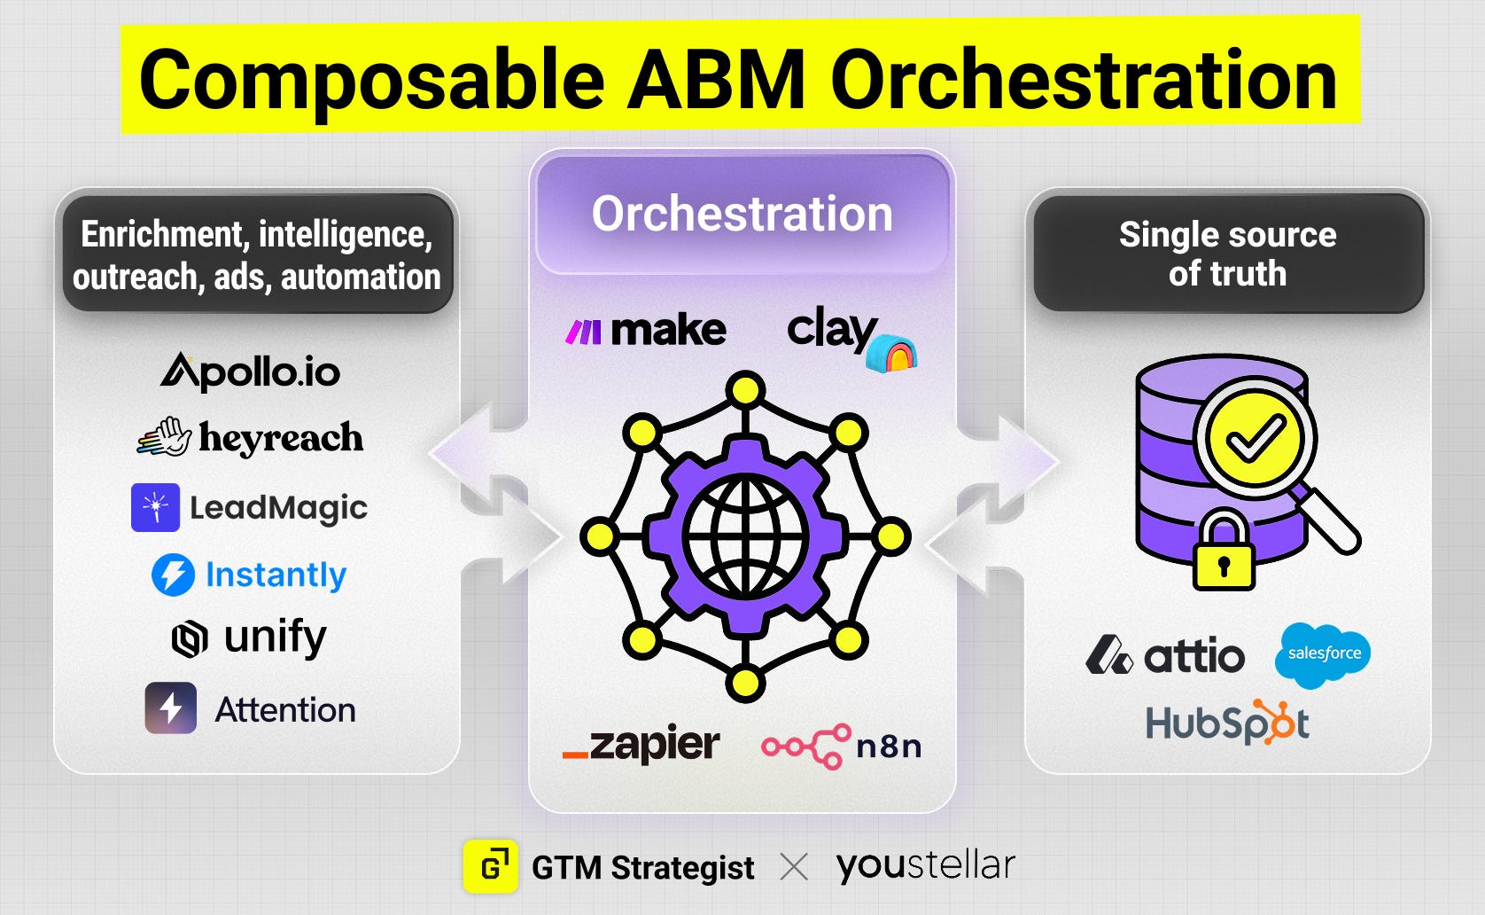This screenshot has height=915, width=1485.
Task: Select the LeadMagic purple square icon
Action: pos(155,508)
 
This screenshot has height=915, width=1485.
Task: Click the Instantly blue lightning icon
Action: pos(173,575)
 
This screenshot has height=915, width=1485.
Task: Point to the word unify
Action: pos(276,637)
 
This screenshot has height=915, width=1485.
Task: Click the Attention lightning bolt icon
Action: pos(171,708)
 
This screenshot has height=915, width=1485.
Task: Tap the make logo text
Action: pos(668,331)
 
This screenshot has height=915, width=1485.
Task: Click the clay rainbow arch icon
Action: pos(892,353)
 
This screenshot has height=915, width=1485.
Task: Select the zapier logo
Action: pos(641,744)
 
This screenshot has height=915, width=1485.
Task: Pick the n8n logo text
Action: pos(889,747)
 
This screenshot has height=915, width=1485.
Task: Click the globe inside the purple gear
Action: pos(746,536)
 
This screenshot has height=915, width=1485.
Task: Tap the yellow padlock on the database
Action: pos(1224,550)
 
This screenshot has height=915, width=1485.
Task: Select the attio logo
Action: pos(1165,655)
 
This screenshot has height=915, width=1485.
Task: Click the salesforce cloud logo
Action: pos(1323,655)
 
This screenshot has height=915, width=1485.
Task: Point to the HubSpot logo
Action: pos(1228,722)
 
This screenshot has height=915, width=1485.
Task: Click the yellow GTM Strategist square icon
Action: pos(490,866)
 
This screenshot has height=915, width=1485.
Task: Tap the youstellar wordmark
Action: pos(926,865)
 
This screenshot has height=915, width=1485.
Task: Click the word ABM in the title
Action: pos(717,81)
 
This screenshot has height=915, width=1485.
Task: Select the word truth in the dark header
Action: pos(1248,273)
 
